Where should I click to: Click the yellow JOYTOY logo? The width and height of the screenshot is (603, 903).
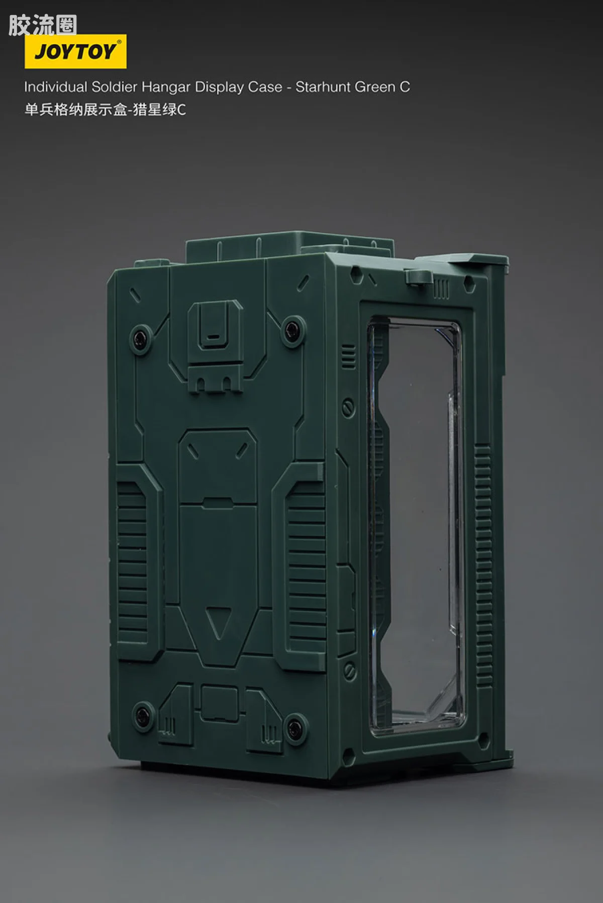(75, 51)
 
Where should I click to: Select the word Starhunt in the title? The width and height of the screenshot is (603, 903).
(323, 87)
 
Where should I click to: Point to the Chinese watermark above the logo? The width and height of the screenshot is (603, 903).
(43, 25)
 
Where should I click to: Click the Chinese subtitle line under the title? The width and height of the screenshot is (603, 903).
(105, 109)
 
